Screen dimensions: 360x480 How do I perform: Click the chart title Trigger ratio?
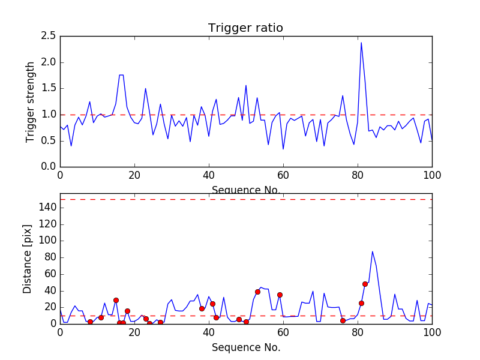pos(245,28)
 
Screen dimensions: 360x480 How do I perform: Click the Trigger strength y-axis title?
pos(31,101)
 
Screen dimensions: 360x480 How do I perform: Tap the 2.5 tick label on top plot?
pos(49,36)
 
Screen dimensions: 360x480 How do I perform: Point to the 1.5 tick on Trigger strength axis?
pos(49,88)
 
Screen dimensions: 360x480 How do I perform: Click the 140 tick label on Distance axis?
pos(47,208)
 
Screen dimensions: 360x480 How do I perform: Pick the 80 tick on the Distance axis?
pos(50,257)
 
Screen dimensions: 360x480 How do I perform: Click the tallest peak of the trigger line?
pos(361,43)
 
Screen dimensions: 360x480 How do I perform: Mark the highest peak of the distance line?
pos(372,251)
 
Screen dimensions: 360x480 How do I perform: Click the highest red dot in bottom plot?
pos(365,284)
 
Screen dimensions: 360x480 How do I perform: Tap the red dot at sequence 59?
pos(280,295)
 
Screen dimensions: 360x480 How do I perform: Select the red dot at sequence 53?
pos(257,292)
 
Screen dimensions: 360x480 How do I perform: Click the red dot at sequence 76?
pos(343,320)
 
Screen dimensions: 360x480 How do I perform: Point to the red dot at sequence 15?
pos(116,300)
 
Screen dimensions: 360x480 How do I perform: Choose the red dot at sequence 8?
pos(90,322)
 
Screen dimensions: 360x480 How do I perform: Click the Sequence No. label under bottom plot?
pos(245,347)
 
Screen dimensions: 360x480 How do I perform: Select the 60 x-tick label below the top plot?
pos(283,175)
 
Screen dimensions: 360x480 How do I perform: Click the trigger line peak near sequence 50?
pos(246,85)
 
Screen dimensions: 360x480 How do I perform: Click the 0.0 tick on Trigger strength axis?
pos(49,167)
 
